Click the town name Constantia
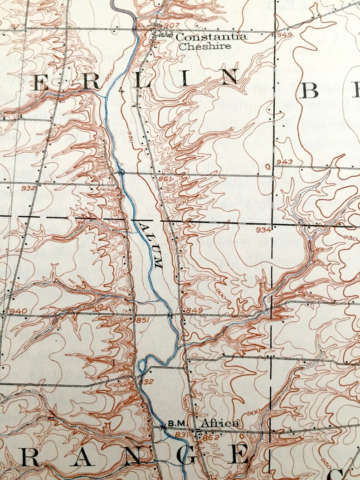(x=211, y=37)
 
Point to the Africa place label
(x=220, y=423)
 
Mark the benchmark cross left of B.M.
(x=164, y=427)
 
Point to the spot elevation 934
(x=263, y=230)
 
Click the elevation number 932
(x=28, y=188)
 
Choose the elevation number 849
(x=194, y=310)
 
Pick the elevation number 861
(x=164, y=179)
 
